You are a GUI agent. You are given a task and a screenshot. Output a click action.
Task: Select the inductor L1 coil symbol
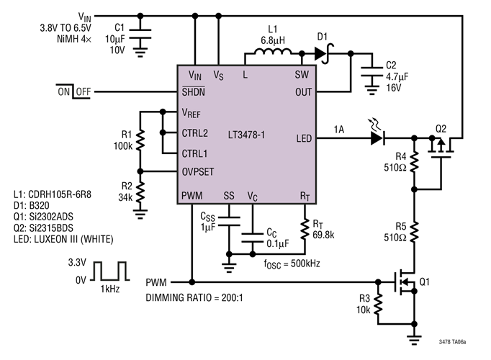tap(269, 53)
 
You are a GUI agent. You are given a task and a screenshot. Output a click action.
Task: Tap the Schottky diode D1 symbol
tap(321, 53)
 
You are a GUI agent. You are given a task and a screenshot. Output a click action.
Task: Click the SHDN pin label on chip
tap(195, 92)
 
